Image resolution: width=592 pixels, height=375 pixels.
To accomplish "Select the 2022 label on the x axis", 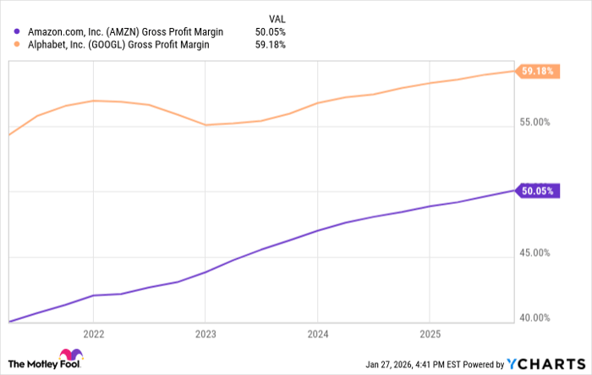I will click(93, 332).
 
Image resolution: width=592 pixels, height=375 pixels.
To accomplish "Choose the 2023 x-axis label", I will click(206, 332).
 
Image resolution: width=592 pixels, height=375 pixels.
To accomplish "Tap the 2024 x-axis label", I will click(317, 332).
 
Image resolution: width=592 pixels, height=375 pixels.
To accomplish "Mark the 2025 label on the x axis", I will click(430, 332).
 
